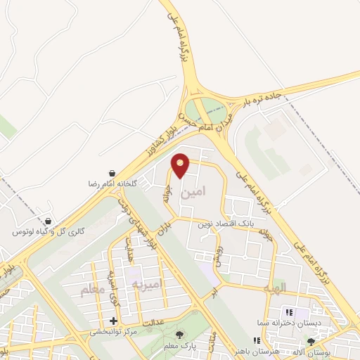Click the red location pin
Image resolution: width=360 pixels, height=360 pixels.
tap(181, 165)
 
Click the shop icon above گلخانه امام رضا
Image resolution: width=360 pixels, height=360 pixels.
tap(112, 173)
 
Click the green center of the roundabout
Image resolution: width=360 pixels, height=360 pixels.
tap(209, 109)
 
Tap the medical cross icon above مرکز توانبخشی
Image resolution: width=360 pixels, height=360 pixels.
tap(114, 321)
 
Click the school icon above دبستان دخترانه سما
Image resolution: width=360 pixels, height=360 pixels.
tap(288, 312)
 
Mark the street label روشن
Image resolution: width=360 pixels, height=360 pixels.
tap(219, 256)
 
